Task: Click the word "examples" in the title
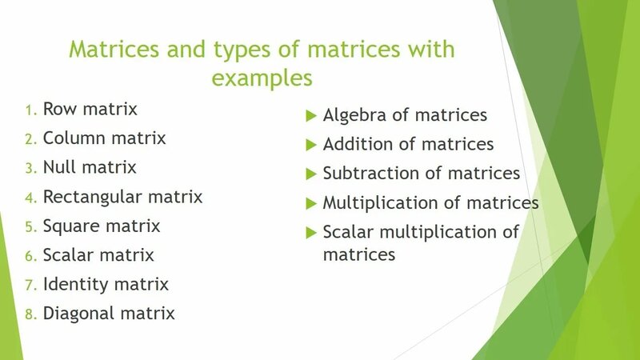(x=262, y=79)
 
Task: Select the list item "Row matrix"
(x=90, y=109)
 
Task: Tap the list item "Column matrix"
(x=104, y=138)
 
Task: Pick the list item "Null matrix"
(x=90, y=167)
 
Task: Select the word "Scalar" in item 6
(x=67, y=255)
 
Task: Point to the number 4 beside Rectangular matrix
(x=30, y=197)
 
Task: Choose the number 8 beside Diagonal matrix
(x=30, y=314)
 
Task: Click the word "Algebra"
(x=355, y=115)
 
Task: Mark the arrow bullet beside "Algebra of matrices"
(x=312, y=115)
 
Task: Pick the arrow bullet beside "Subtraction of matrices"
(x=312, y=174)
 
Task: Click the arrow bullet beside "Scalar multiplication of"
(x=312, y=232)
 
